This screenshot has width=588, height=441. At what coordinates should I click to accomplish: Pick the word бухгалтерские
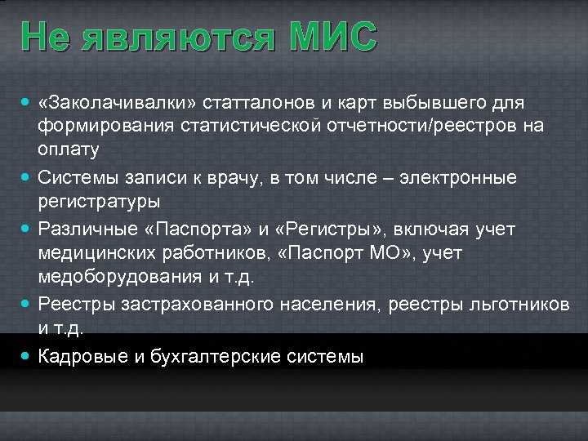click(x=191, y=356)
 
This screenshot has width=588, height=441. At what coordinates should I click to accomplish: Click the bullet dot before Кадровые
click(x=28, y=356)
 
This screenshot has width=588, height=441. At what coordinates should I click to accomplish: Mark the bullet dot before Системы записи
click(x=28, y=176)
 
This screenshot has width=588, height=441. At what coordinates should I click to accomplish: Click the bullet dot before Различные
click(x=28, y=229)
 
